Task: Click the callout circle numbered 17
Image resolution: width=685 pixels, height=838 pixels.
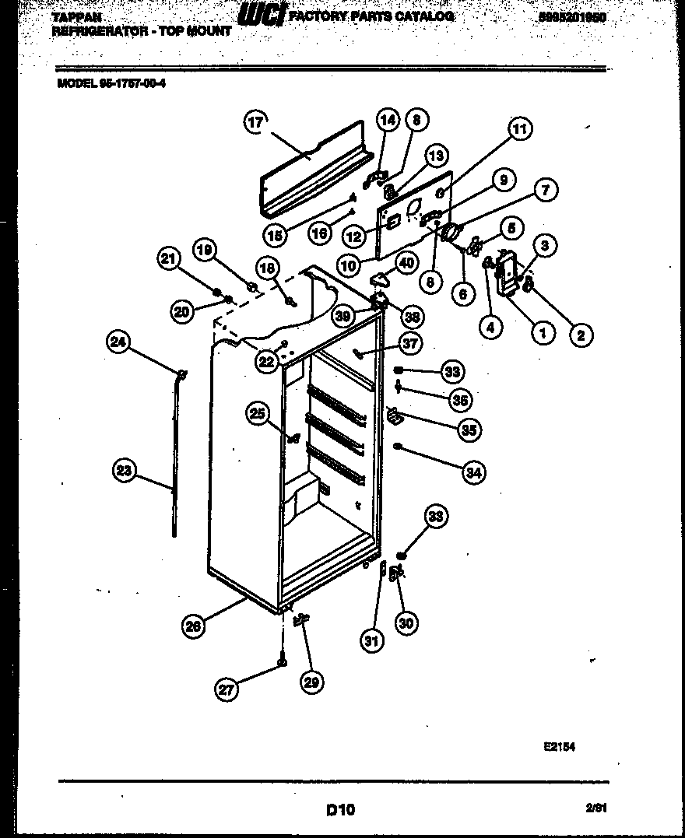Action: pos(256,121)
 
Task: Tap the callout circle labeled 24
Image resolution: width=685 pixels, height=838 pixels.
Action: pos(120,342)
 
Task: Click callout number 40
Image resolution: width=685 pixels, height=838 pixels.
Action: pos(406,262)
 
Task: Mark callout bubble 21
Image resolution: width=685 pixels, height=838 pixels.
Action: pos(169,259)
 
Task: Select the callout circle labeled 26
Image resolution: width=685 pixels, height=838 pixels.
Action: pos(194,625)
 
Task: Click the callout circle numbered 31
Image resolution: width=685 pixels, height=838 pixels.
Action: pos(372,641)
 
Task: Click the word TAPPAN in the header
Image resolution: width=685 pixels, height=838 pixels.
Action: pos(76,17)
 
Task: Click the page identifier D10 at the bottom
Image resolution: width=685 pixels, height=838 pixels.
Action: pos(341,810)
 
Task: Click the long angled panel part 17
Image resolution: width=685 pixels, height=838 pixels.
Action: pos(311,173)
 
